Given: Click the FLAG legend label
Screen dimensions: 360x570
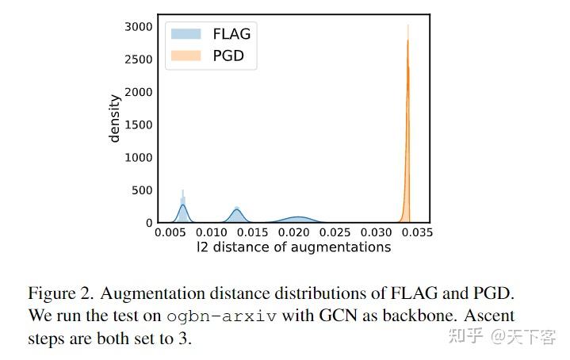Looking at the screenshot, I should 231,33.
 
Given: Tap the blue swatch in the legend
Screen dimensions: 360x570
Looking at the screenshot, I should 186,34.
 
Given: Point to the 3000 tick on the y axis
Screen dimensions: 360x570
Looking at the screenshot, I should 138,27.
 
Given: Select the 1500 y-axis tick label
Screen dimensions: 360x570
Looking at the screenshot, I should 138,125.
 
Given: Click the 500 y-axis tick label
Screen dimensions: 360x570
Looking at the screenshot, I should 142,190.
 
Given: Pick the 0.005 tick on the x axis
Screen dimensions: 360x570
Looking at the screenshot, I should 171,233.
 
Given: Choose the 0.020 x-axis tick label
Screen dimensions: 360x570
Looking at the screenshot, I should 295,233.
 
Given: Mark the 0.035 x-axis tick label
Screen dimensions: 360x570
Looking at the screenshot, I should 418,233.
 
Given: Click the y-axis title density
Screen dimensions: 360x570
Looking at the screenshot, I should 115,118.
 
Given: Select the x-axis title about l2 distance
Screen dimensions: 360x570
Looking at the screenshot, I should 294,247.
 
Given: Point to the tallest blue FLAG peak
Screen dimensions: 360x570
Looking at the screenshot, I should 183,208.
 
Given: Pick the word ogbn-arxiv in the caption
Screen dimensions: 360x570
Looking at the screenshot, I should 222,315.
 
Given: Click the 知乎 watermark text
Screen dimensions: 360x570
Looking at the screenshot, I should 465,337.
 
